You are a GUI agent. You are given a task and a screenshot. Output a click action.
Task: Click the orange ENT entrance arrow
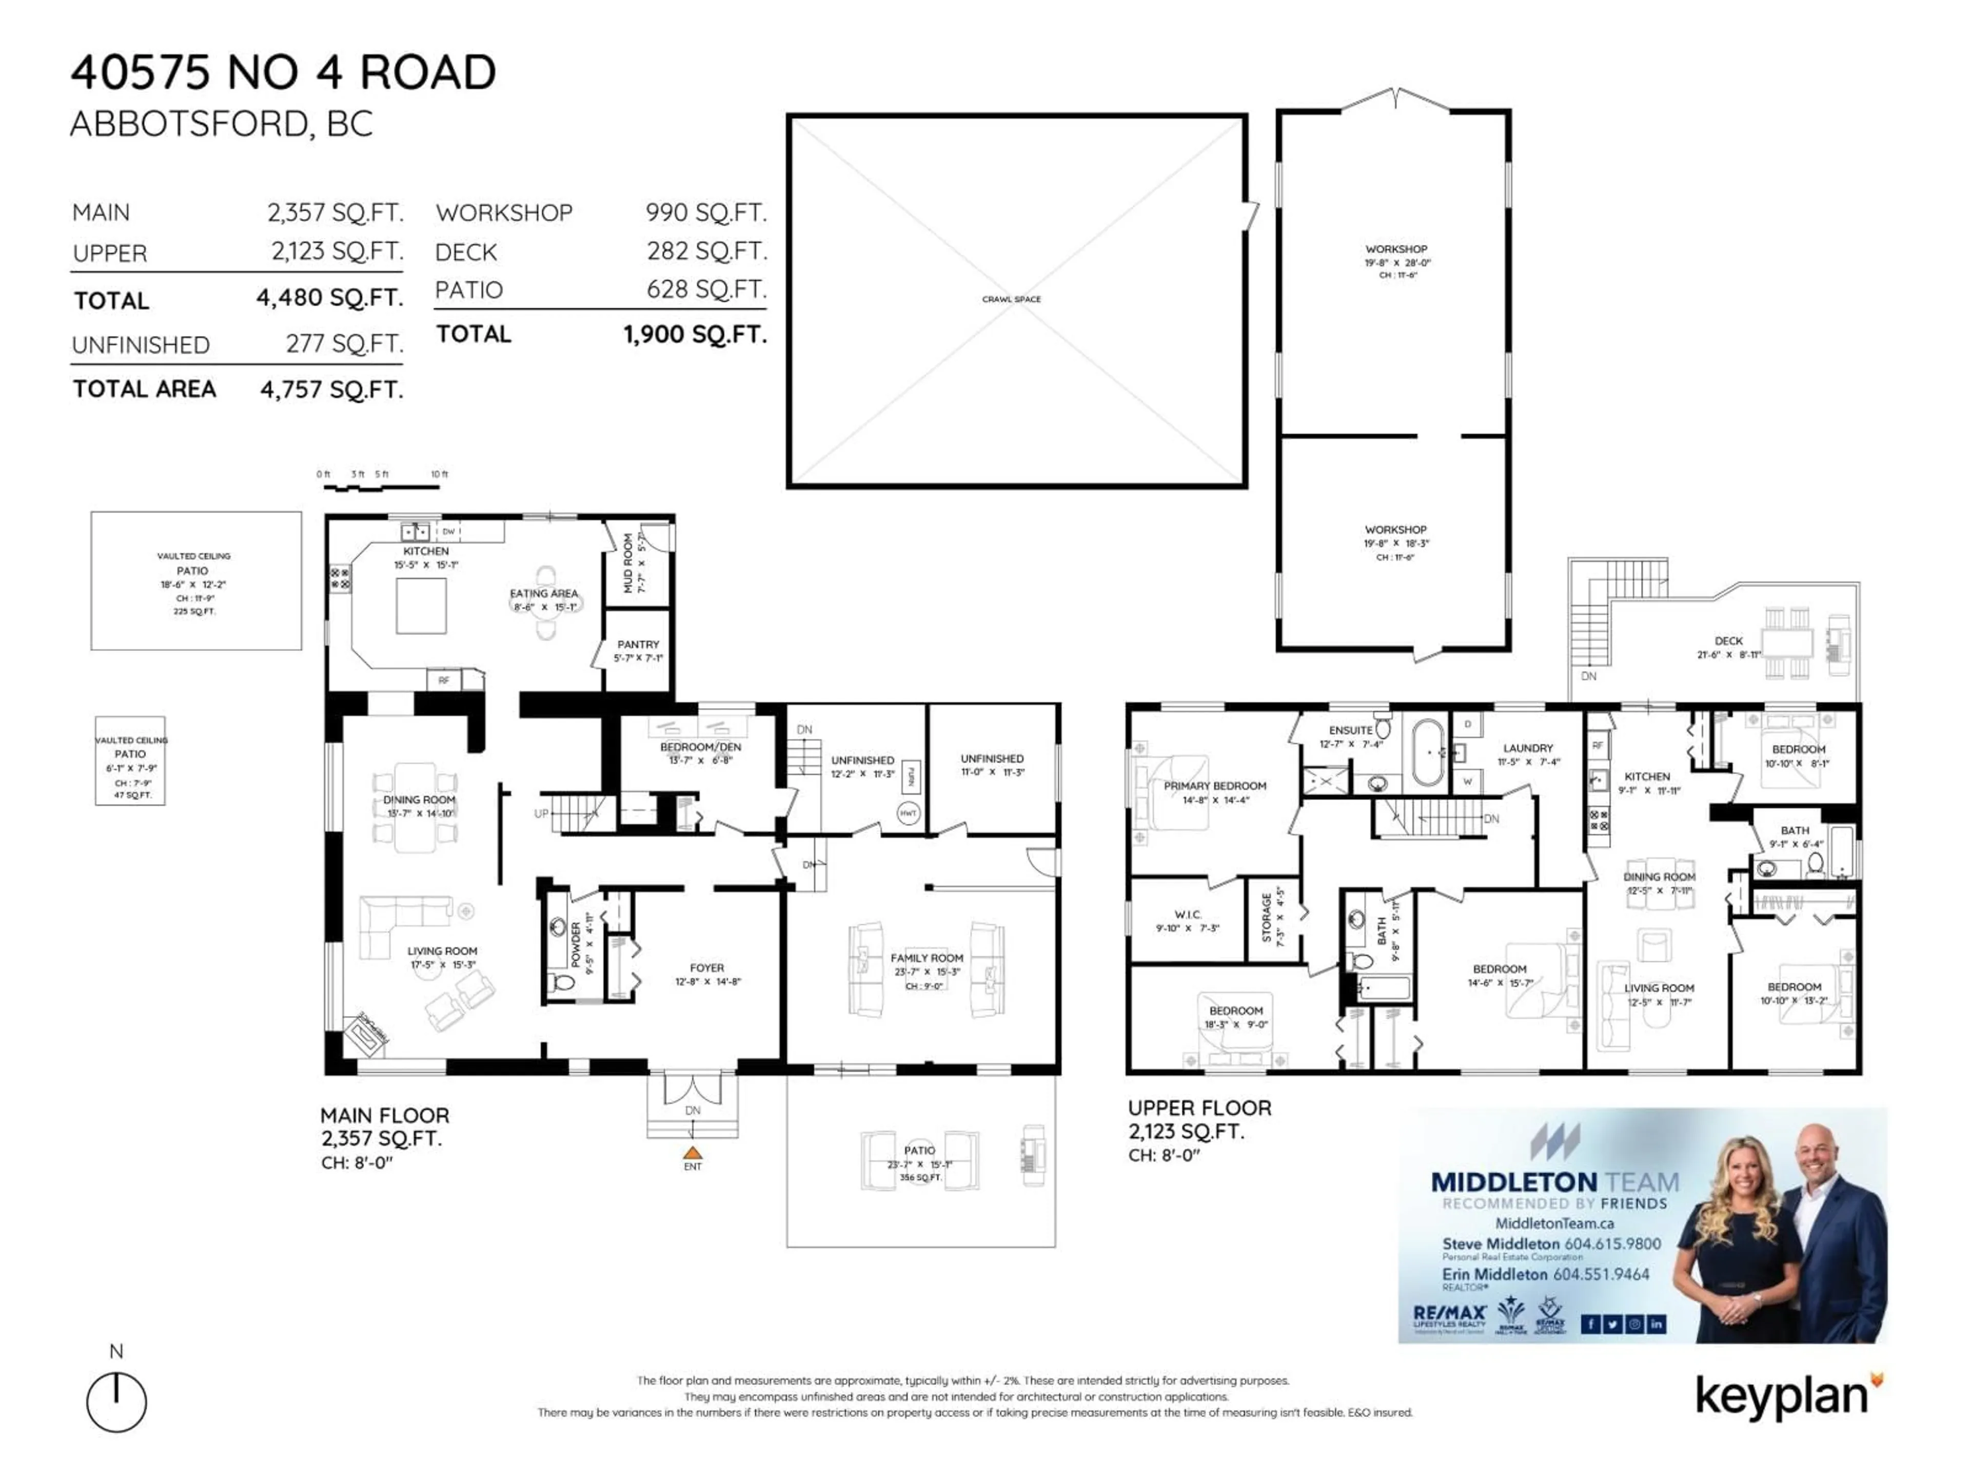pyautogui.click(x=692, y=1153)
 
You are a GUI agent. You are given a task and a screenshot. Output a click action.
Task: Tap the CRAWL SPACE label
pyautogui.click(x=1011, y=299)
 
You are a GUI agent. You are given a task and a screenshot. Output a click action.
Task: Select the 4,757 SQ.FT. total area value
pyautogui.click(x=331, y=390)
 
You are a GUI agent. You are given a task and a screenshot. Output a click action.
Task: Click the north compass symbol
pyautogui.click(x=116, y=1402)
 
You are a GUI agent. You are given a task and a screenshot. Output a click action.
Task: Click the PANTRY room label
pyautogui.click(x=638, y=644)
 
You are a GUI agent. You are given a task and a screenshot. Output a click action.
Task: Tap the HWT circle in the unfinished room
pyautogui.click(x=908, y=813)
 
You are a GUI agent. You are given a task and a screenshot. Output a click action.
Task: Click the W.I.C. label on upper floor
pyautogui.click(x=1187, y=914)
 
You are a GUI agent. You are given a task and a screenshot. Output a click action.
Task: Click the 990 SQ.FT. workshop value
pyautogui.click(x=705, y=213)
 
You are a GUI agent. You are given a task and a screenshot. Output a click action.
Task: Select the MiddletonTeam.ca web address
pyautogui.click(x=1553, y=1223)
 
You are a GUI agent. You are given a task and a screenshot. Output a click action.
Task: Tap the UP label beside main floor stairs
pyautogui.click(x=541, y=813)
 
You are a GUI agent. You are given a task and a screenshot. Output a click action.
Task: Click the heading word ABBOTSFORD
pyautogui.click(x=188, y=124)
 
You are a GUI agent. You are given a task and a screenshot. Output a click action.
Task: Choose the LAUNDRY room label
pyautogui.click(x=1527, y=748)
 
